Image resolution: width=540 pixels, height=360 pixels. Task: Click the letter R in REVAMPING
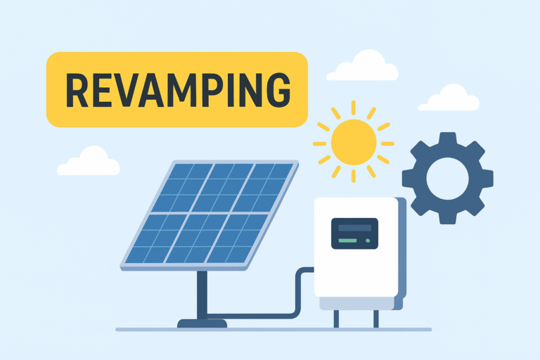(x=77, y=90)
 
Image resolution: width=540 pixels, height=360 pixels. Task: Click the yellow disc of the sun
(x=354, y=142)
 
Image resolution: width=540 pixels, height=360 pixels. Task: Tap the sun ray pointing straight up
(x=354, y=108)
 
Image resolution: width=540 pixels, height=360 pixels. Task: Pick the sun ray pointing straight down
(x=354, y=176)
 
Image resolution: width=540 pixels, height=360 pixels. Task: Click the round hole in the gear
(x=448, y=179)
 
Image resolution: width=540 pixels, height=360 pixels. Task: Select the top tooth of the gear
(x=448, y=139)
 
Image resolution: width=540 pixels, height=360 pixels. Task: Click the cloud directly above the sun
(x=362, y=66)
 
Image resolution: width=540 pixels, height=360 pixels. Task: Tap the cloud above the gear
(x=449, y=98)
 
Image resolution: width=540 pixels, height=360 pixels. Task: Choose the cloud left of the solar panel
(x=89, y=161)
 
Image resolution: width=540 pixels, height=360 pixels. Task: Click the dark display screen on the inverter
(x=354, y=233)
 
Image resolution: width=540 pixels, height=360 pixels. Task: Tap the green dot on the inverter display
(x=368, y=240)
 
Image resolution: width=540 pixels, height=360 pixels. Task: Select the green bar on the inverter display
(x=347, y=240)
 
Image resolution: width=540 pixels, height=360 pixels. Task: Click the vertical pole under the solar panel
(x=202, y=295)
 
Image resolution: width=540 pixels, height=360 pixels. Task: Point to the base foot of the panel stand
(x=202, y=323)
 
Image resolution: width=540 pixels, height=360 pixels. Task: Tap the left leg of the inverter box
(x=336, y=319)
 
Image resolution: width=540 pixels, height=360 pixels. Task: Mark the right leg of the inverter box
(x=376, y=319)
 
